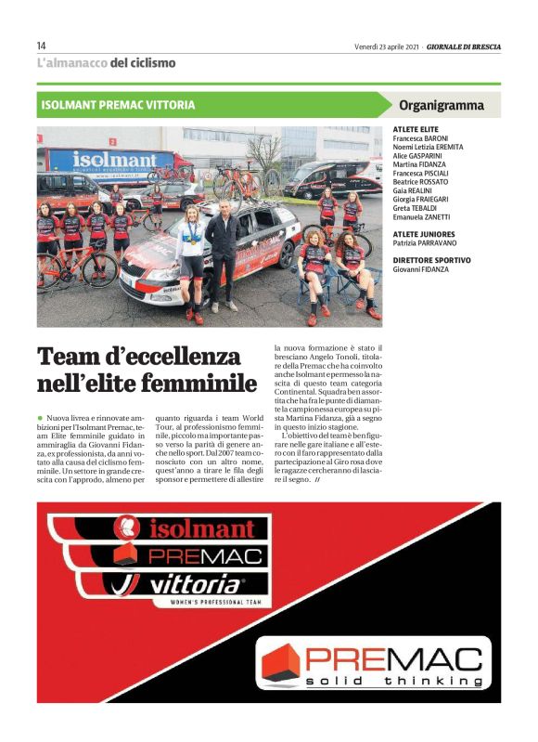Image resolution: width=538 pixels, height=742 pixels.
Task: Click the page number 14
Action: click(42, 46)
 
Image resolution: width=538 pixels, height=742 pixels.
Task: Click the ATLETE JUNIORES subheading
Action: click(423, 234)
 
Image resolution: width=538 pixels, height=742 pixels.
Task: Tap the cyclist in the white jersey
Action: click(190, 261)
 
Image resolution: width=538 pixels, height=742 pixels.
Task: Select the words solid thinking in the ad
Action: click(394, 682)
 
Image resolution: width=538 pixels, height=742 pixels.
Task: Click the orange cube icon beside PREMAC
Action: click(279, 661)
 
